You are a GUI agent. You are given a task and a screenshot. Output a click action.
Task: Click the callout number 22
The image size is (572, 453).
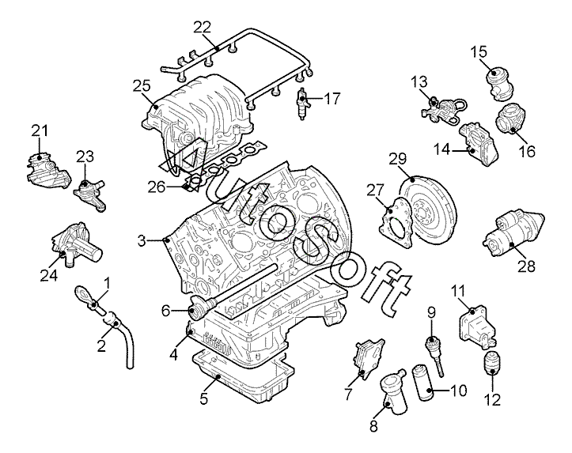point(202,27)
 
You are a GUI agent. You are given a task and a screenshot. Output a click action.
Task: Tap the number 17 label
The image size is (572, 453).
point(331,99)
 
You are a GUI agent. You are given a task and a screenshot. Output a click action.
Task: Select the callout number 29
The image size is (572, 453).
point(397,159)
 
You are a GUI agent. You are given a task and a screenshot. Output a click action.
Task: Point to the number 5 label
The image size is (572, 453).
point(203,398)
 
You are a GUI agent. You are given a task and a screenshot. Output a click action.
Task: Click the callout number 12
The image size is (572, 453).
point(493,400)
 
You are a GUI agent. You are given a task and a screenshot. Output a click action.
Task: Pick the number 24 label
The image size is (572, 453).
point(48,276)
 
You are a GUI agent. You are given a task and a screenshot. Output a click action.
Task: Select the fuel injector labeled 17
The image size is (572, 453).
point(303,104)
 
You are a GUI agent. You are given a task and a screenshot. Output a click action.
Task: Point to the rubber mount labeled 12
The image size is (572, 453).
point(492,362)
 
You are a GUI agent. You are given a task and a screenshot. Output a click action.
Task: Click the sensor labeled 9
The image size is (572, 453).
point(435,354)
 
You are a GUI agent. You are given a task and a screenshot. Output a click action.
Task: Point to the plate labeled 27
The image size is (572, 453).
point(396,223)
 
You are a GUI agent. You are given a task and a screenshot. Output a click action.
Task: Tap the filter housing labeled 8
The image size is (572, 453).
point(393,389)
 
